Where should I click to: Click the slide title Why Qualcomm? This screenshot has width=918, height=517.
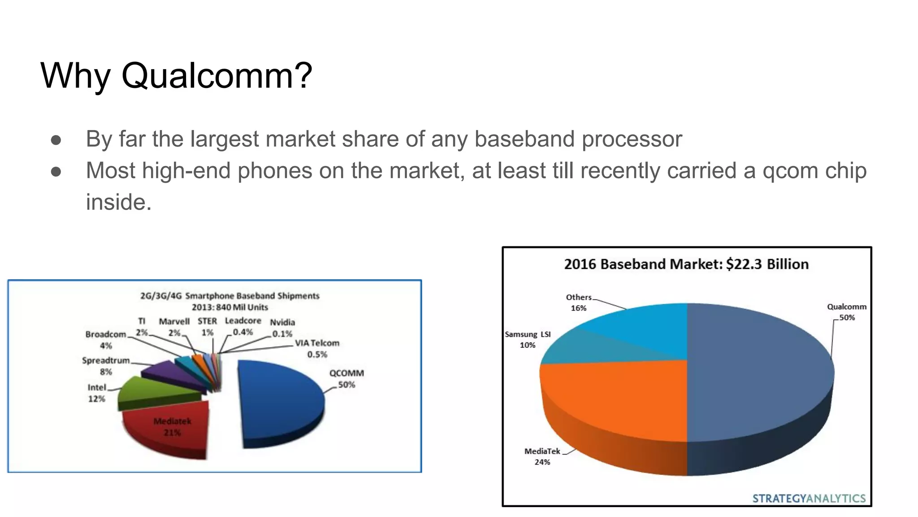tap(176, 75)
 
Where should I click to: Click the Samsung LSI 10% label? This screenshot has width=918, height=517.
tap(528, 340)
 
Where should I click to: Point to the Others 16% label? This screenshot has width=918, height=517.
tap(579, 302)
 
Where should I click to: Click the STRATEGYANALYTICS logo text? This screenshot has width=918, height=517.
tap(809, 499)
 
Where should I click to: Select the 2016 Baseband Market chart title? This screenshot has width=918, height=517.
tap(686, 264)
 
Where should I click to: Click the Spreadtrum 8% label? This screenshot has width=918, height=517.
tap(106, 366)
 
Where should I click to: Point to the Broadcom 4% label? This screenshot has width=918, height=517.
tap(106, 340)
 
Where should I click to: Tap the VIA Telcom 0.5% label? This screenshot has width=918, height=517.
tap(317, 349)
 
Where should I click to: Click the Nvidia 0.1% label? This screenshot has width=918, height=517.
tap(282, 328)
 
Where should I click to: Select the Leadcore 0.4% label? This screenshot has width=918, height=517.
tap(243, 326)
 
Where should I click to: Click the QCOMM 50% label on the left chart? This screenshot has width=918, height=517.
tap(346, 379)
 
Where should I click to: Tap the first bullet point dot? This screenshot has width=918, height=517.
tap(56, 140)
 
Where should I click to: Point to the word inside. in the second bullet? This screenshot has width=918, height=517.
tap(119, 202)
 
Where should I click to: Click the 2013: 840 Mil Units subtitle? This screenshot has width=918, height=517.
tap(229, 307)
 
